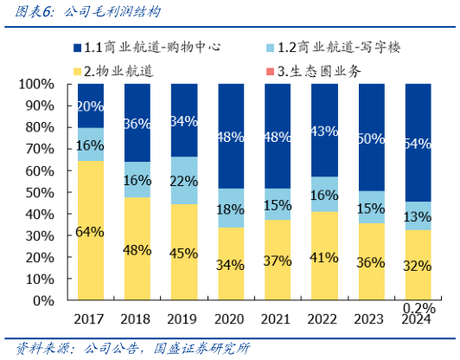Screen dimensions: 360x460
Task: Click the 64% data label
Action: [x=91, y=232]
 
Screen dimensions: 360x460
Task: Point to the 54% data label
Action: [x=418, y=144]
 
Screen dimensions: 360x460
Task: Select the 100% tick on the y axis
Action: [x=35, y=85]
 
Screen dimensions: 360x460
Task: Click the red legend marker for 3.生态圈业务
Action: [x=292, y=70]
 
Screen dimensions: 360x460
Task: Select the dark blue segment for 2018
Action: [x=137, y=123]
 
